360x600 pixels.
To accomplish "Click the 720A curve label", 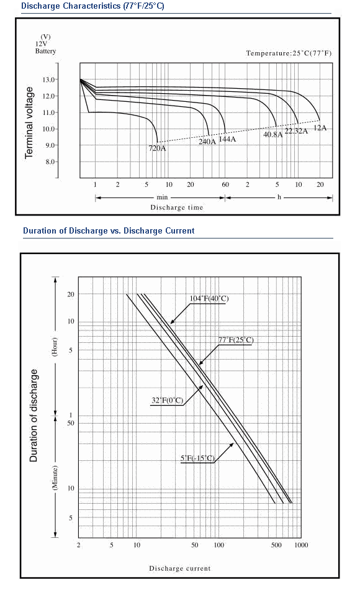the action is [157, 148].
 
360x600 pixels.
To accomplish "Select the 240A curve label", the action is [207, 142].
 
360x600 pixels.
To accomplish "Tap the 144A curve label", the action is [227, 139].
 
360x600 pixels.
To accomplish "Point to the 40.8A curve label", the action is [272, 134].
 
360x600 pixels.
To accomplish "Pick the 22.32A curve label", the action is [296, 131].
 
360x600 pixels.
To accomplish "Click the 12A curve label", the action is [320, 128].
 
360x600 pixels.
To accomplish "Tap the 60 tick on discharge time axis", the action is [225, 184].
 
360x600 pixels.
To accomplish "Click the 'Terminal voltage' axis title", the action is [29, 122].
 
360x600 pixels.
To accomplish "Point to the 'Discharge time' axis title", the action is [177, 207].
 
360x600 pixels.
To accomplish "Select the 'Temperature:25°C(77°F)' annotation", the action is [289, 53].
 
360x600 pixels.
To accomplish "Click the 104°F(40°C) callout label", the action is [209, 299].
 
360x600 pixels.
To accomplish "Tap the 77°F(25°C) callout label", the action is [236, 340].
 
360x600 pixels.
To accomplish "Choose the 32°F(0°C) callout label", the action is [168, 401].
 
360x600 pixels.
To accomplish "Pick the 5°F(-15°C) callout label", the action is [197, 458].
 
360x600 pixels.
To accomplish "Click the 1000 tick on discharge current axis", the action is [301, 545].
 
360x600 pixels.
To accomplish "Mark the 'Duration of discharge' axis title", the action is [34, 416].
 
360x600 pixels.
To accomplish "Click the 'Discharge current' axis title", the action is [180, 568].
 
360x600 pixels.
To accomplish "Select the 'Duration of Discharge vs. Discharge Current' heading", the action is [109, 230].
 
